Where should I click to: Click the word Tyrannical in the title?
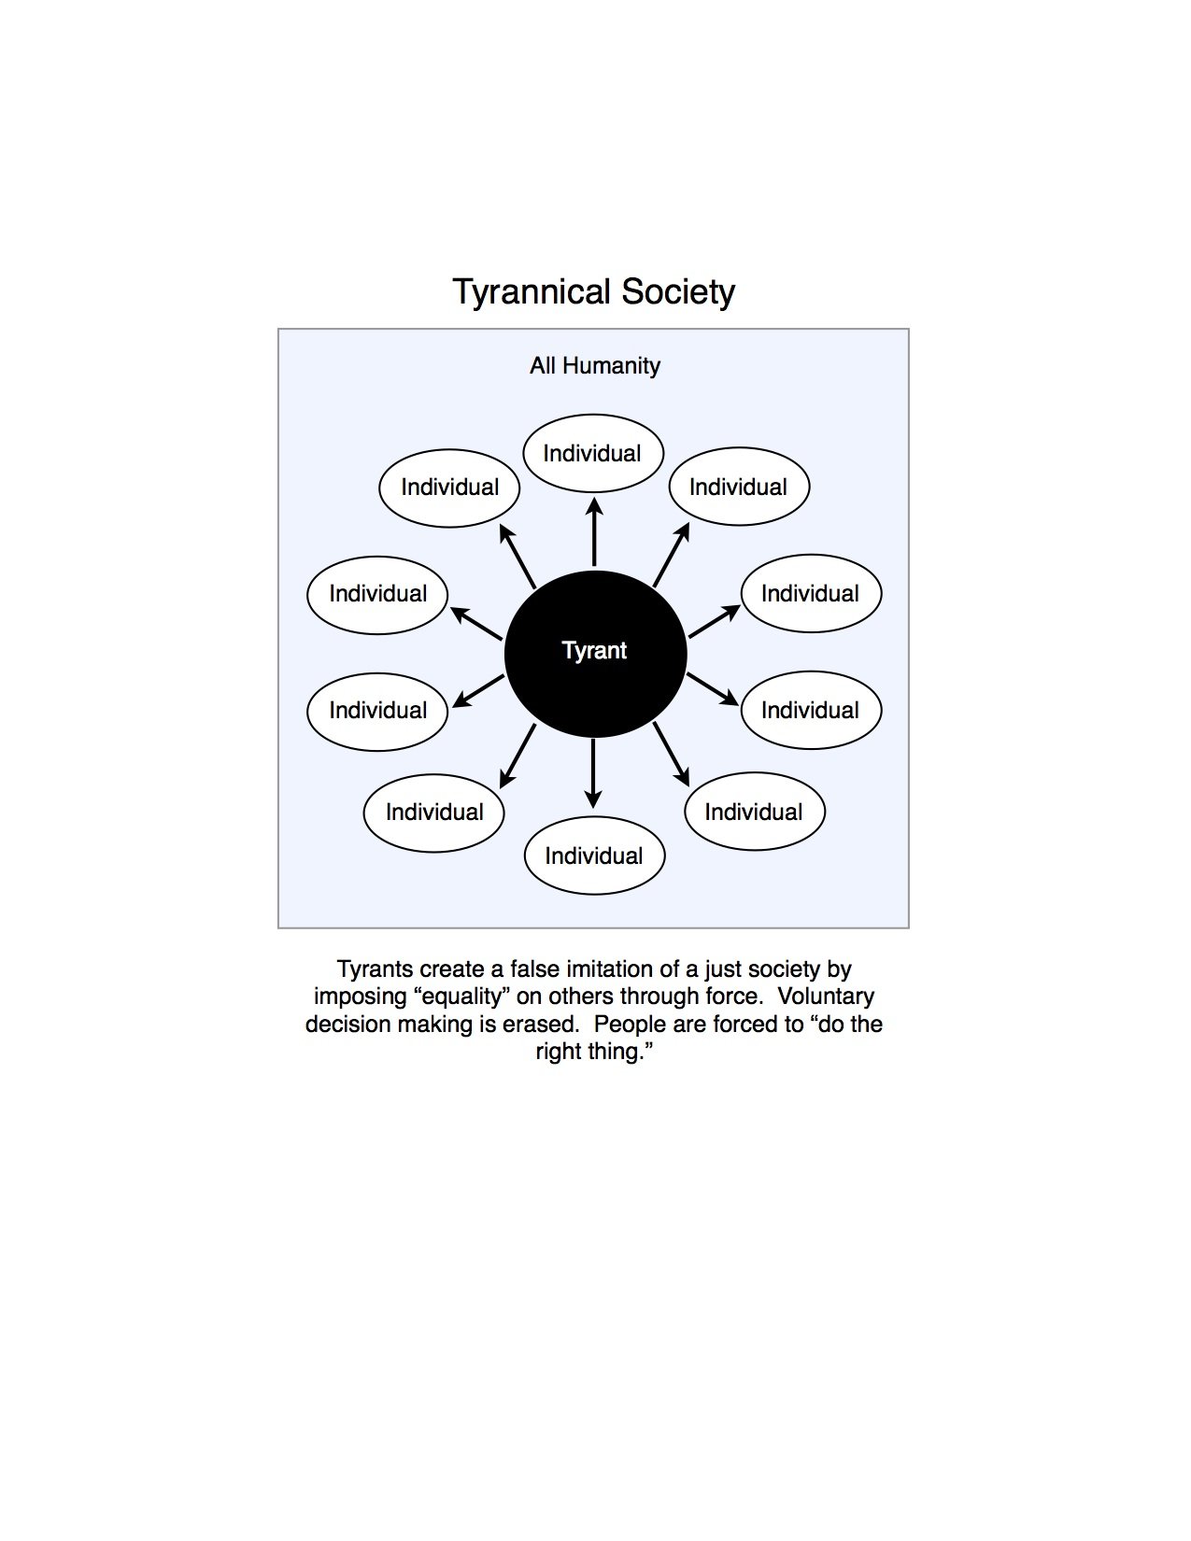[532, 292]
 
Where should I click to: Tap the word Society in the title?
[678, 292]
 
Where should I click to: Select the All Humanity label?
[594, 366]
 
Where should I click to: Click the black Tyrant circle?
[595, 654]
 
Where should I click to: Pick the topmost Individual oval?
[593, 453]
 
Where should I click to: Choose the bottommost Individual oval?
[594, 855]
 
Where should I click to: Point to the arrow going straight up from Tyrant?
[594, 531]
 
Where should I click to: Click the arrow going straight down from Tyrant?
[594, 773]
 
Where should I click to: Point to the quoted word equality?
[461, 997]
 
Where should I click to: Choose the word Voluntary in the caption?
[826, 997]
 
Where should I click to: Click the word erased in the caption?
[537, 1025]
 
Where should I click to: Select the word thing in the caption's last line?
[617, 1053]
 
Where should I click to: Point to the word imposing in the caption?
[360, 997]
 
